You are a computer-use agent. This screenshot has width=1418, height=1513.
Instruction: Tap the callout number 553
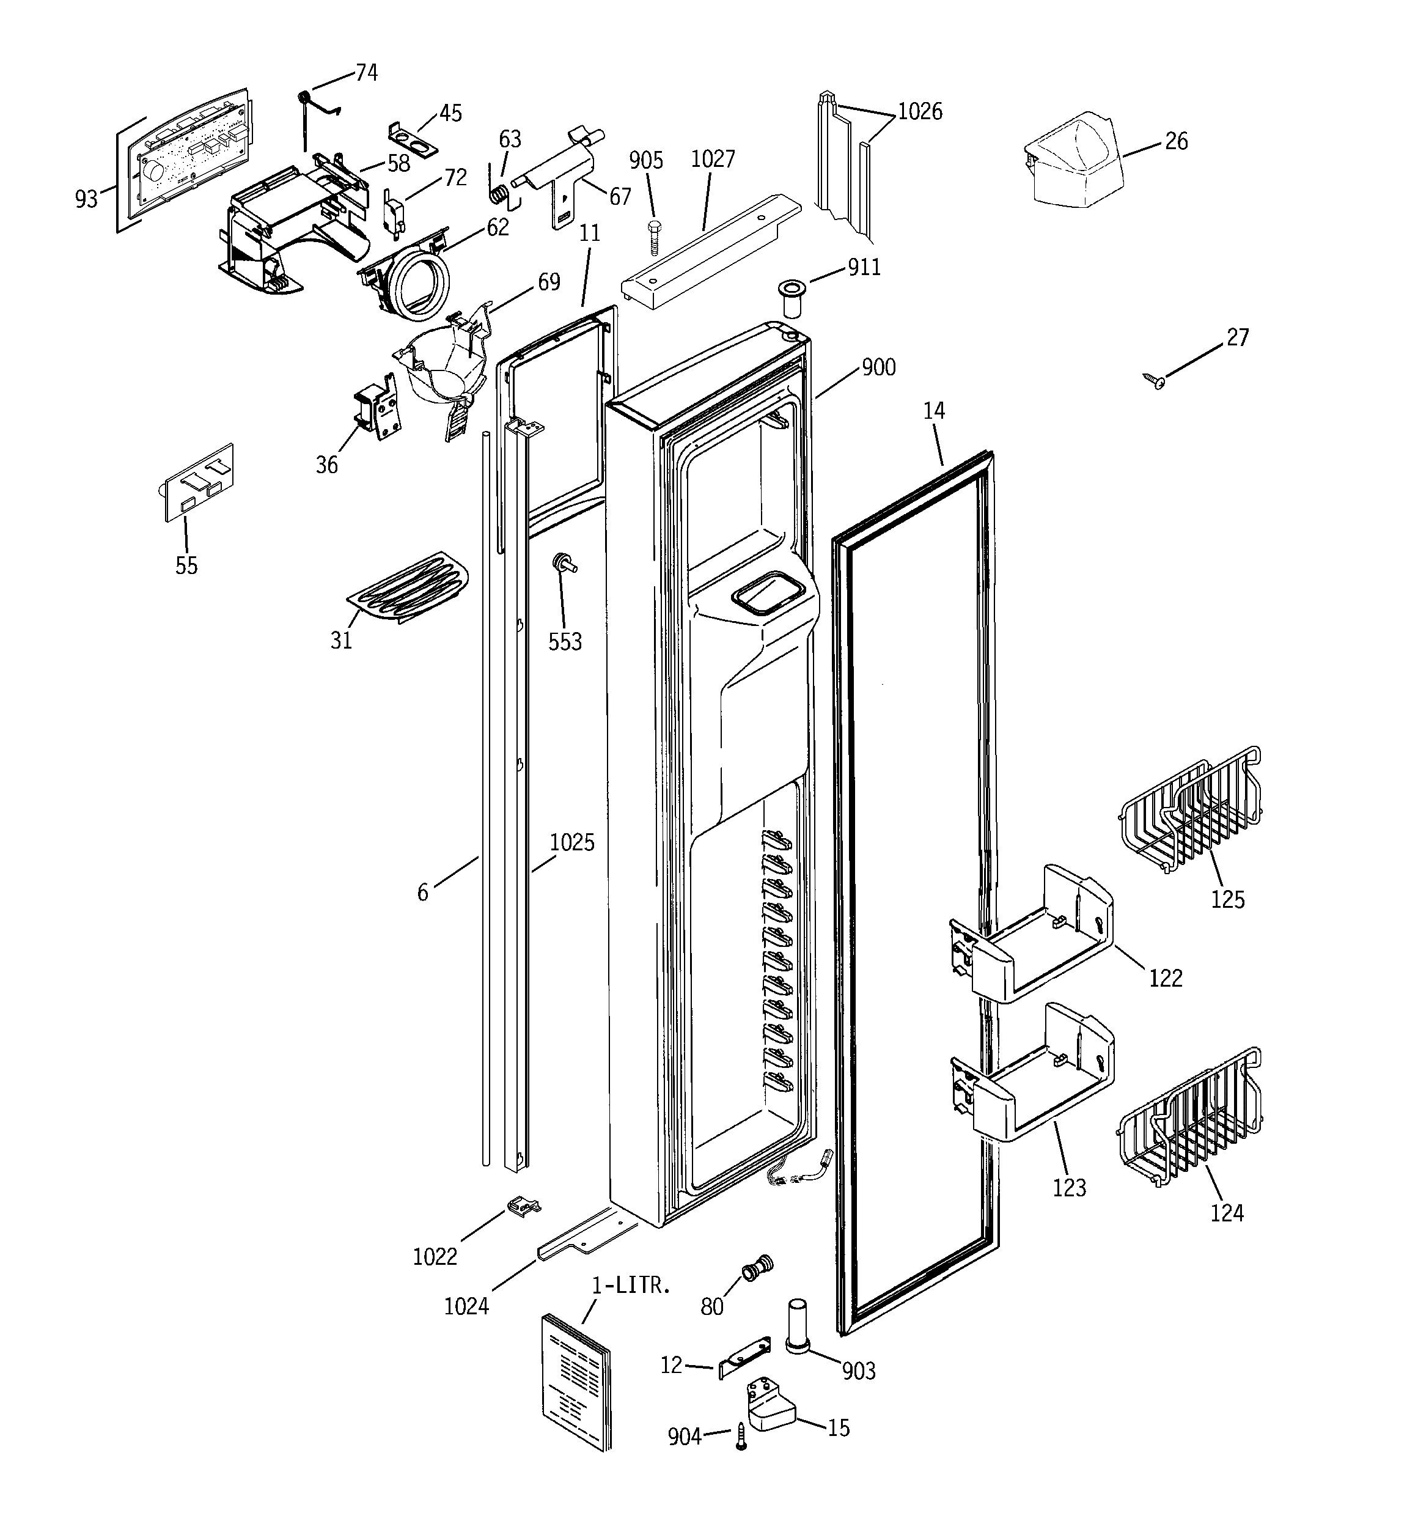565,642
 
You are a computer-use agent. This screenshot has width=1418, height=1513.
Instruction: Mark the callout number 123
1068,1187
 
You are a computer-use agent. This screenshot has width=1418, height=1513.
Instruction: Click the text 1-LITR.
631,1286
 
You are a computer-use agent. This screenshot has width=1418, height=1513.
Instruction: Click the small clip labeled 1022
524,1206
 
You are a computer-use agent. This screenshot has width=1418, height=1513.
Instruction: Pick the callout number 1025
571,842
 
